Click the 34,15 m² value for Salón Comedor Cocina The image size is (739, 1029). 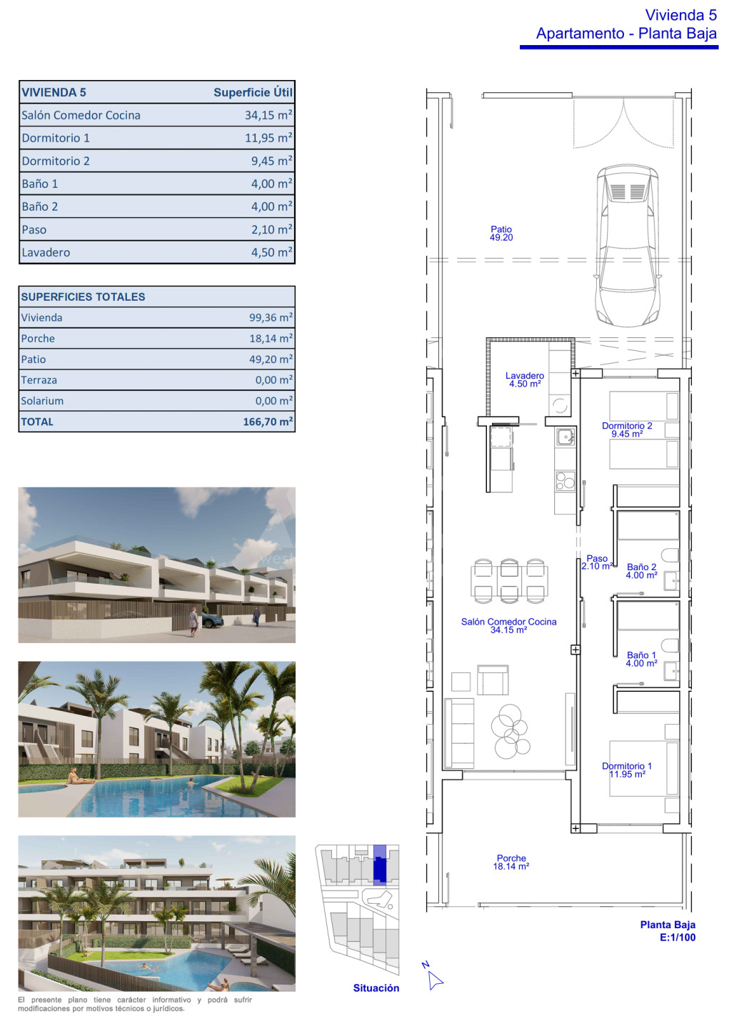pos(268,115)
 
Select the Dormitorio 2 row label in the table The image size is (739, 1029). pos(56,161)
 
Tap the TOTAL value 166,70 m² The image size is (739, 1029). pos(268,422)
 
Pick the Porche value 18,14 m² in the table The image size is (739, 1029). pos(271,338)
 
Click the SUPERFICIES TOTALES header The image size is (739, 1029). pos(83,297)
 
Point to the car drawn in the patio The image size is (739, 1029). pos(627,245)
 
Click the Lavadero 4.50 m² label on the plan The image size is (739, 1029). pos(525,379)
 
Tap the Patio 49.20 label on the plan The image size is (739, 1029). pos(501,233)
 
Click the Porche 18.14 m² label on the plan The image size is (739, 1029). pos(511,862)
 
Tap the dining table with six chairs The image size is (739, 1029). pos(509,580)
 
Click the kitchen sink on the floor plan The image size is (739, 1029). pos(565,437)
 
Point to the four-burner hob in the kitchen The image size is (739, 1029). pos(565,481)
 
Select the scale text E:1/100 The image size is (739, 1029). pos(678,937)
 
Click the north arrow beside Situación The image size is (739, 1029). pos(434,980)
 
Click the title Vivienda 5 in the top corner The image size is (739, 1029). pos(680,15)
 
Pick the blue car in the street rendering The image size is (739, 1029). pos(212,622)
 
